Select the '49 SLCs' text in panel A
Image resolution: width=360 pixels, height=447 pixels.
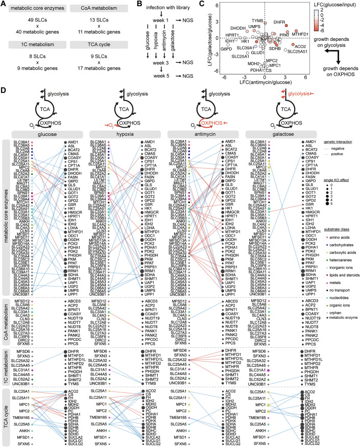pyautogui.click(x=34, y=19)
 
